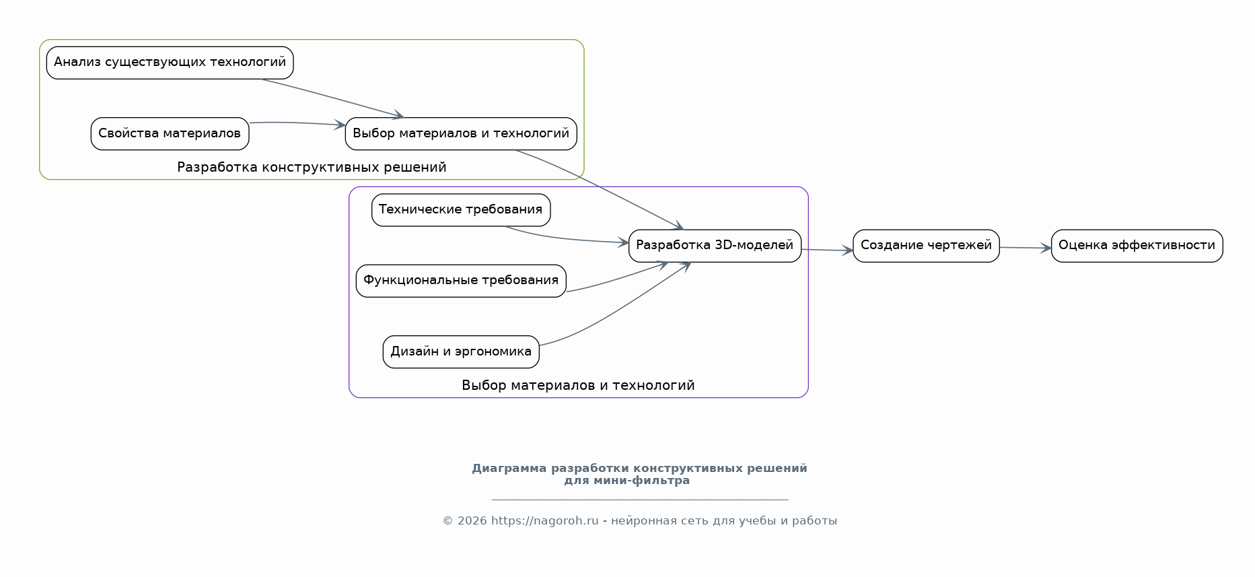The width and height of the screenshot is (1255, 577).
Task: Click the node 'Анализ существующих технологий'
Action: [x=170, y=63]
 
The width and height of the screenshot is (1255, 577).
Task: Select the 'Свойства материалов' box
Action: [x=170, y=133]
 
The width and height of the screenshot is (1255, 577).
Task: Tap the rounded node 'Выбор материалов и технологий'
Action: [x=461, y=133]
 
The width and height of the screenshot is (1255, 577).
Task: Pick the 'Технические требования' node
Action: [x=461, y=210]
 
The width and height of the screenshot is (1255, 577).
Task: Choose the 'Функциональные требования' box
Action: [x=461, y=281]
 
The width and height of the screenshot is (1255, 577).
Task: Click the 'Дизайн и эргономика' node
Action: [x=461, y=351]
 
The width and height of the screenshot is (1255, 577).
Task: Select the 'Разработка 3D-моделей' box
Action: [x=715, y=246]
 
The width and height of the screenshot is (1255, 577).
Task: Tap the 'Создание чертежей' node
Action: [x=926, y=246]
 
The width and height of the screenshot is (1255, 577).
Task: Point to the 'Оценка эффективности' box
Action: [x=1137, y=246]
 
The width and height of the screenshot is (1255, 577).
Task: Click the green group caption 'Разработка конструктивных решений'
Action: [x=312, y=167]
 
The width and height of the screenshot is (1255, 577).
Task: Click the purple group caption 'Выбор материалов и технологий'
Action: [x=578, y=385]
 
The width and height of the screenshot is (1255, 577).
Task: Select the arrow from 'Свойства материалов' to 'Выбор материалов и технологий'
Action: [x=297, y=123]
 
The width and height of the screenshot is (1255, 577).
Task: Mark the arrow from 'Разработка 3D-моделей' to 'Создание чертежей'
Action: [x=827, y=250]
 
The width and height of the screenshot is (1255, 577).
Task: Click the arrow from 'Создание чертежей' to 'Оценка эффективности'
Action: [x=1025, y=248]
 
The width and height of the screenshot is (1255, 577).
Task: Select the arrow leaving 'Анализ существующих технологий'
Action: [x=332, y=98]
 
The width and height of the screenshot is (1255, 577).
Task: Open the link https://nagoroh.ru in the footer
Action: [x=544, y=520]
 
